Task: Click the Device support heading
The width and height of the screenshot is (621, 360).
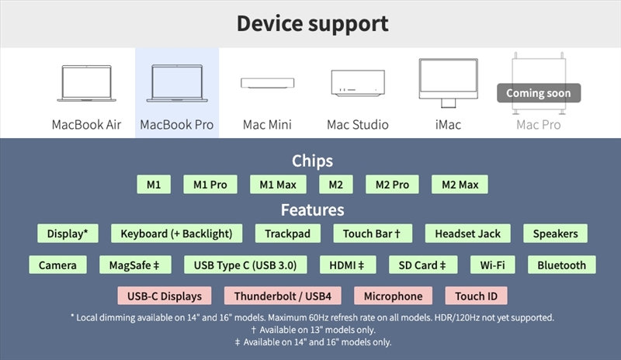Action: click(312, 23)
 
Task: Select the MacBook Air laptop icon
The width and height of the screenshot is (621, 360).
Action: click(86, 83)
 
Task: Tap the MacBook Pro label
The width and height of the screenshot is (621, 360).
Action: click(177, 124)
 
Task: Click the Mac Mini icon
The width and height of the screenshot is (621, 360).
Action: click(266, 83)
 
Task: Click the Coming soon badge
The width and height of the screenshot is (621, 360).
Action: click(538, 93)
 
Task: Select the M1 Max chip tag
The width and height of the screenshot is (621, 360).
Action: click(278, 185)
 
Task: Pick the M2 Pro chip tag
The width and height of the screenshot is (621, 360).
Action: click(392, 185)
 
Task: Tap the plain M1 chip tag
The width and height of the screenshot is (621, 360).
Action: click(153, 185)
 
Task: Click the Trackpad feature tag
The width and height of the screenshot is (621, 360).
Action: click(287, 234)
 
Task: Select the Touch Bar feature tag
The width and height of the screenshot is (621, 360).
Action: click(372, 234)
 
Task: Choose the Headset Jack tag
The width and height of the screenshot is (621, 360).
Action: click(467, 234)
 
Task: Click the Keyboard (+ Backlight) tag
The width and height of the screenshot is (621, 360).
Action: click(176, 234)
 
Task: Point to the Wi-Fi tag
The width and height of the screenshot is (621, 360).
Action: click(492, 265)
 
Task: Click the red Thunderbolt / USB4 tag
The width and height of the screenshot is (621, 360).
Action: click(283, 296)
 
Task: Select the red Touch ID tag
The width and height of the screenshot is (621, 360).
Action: click(476, 296)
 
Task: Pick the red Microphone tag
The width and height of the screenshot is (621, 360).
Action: click(394, 296)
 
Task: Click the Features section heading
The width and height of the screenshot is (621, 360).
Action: click(312, 209)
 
